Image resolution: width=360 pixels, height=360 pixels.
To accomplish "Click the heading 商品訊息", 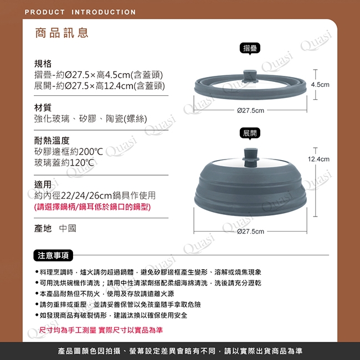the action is click(62, 33).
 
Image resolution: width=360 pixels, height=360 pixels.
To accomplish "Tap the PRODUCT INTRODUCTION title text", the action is click(80, 12).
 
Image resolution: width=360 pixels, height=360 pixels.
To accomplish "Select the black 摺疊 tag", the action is click(250, 48).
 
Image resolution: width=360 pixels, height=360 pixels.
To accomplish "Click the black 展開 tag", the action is click(250, 133).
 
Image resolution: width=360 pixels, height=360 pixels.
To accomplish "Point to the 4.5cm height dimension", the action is click(320, 85).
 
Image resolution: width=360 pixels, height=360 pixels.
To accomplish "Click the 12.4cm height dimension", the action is click(318, 159).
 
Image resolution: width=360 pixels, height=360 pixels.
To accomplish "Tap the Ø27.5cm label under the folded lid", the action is click(250, 110).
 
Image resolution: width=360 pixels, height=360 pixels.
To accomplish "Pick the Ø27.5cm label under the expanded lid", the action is click(250, 231).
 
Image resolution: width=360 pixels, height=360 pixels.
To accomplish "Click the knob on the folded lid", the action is click(250, 76).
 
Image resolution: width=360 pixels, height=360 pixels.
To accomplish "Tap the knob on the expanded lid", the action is click(250, 157).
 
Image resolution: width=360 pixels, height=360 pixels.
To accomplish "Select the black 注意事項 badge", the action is click(53, 255).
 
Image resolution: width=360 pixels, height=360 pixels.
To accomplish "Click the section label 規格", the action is click(43, 64).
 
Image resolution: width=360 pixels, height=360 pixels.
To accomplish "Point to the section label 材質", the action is click(43, 107).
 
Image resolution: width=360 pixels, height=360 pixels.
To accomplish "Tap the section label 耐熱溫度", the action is click(52, 140).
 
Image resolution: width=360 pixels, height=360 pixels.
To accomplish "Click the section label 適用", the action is click(43, 184).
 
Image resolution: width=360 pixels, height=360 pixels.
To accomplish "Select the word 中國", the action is click(68, 228).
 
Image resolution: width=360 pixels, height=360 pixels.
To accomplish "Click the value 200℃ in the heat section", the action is click(91, 152).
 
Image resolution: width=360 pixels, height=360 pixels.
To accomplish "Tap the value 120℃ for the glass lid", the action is click(82, 162).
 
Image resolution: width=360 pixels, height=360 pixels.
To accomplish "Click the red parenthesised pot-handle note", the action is click(92, 207).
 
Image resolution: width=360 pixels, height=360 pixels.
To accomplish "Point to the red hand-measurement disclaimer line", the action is click(101, 330).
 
